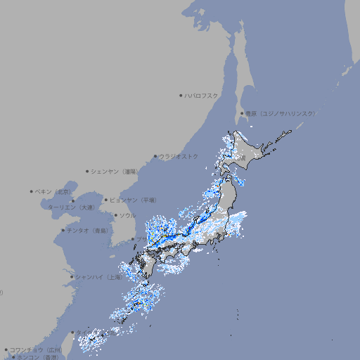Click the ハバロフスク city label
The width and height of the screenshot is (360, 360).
(x=202, y=95)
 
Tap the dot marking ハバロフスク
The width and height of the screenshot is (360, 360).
(x=181, y=95)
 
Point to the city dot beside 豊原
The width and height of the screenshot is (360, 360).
(x=242, y=113)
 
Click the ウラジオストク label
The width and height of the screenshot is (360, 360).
(x=179, y=156)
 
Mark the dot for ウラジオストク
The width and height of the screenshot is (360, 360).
(x=155, y=156)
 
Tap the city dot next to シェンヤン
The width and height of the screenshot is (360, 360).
(x=87, y=171)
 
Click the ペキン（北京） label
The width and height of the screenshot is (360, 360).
(x=53, y=191)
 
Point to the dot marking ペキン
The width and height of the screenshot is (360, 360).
(x=32, y=191)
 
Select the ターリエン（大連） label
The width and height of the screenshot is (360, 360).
(x=70, y=207)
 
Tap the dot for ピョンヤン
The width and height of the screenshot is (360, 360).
(x=106, y=200)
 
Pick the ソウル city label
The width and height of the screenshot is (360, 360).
(x=127, y=215)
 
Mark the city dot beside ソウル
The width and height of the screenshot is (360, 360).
(x=115, y=215)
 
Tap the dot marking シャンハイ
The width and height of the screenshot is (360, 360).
(x=71, y=277)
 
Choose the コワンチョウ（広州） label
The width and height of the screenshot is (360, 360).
(x=36, y=349)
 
